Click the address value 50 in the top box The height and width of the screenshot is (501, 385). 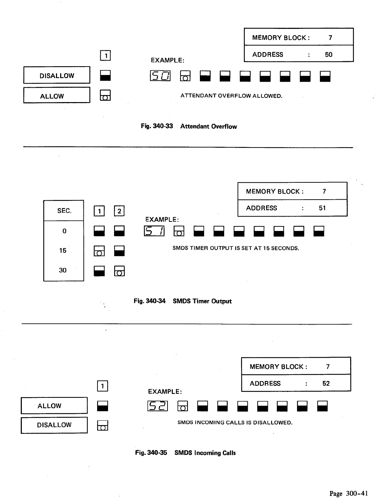pyautogui.click(x=328, y=55)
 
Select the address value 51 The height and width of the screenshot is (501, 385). pyautogui.click(x=322, y=208)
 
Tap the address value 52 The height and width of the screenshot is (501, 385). pyautogui.click(x=326, y=383)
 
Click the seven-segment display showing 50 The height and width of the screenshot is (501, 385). pyautogui.click(x=160, y=76)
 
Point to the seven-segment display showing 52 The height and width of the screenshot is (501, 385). pyautogui.click(x=158, y=406)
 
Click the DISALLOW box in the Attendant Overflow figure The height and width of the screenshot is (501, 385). pyautogui.click(x=57, y=76)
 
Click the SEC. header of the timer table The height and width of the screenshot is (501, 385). pyautogui.click(x=64, y=211)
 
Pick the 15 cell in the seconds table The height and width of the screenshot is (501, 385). pyautogui.click(x=63, y=251)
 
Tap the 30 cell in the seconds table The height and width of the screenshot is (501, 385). pyautogui.click(x=63, y=270)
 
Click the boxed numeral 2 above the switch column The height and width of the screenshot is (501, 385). pyautogui.click(x=119, y=211)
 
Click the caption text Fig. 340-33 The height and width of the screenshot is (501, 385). pyautogui.click(x=157, y=126)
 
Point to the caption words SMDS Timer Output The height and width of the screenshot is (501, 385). pyautogui.click(x=202, y=301)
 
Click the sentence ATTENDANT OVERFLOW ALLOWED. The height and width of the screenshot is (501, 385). pyautogui.click(x=231, y=96)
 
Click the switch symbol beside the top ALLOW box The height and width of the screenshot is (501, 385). pyautogui.click(x=105, y=95)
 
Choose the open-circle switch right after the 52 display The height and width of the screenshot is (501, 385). pyautogui.click(x=182, y=406)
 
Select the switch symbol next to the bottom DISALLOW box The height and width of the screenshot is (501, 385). pyautogui.click(x=102, y=425)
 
